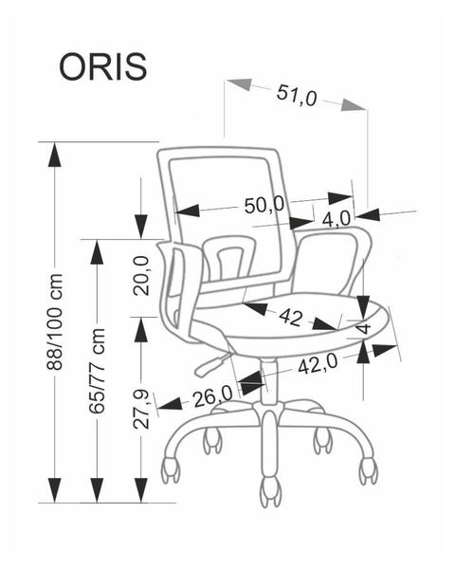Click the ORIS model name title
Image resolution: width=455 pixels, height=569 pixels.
(103, 67)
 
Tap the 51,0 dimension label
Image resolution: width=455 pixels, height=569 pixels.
(297, 96)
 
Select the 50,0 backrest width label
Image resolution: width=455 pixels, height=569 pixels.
(264, 206)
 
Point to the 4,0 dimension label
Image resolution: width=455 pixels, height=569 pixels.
(337, 219)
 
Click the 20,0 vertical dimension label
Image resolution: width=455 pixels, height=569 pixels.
(141, 275)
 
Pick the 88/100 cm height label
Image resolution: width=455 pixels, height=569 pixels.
(55, 321)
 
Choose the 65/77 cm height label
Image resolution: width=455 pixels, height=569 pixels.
(98, 371)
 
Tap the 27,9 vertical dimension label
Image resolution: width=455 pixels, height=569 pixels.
(141, 410)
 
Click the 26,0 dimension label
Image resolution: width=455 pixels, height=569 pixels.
(212, 397)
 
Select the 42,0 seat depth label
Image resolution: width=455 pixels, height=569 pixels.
(318, 364)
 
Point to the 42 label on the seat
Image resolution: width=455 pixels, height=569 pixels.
(290, 317)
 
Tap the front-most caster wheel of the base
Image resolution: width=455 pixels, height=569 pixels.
(270, 491)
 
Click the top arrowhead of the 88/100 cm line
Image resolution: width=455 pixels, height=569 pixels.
(54, 155)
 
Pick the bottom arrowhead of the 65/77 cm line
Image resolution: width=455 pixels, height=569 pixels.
(97, 490)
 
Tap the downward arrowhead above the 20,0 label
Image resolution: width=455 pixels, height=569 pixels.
(141, 227)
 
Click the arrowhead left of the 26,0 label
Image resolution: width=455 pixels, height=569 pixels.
(171, 404)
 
